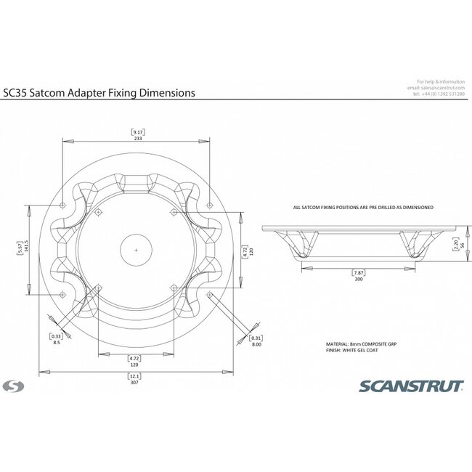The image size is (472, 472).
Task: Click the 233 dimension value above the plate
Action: pos(137,139)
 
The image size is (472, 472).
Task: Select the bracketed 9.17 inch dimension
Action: pos(137,131)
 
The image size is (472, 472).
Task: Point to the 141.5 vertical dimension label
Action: pos(27,248)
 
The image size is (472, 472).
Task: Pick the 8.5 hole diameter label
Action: pos(57,343)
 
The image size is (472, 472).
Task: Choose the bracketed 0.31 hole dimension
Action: pos(255,338)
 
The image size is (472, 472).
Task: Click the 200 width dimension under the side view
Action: pos(358,280)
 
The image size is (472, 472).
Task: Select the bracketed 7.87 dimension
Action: pos(358,273)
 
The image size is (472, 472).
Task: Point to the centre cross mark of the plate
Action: pos(137,249)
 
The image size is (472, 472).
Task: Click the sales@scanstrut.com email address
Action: pos(441,88)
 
